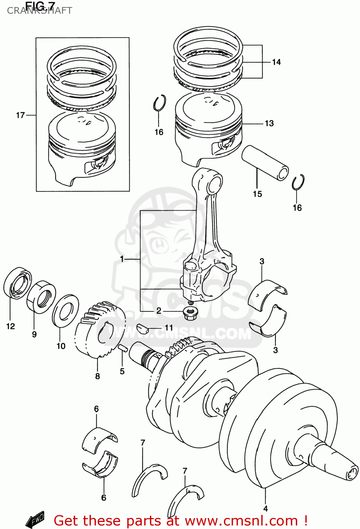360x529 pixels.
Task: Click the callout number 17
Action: tap(20, 115)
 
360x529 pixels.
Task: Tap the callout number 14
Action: tap(276, 62)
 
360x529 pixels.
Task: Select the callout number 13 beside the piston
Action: tap(269, 123)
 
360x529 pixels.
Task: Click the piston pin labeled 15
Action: tap(265, 163)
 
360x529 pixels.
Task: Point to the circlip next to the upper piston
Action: tap(159, 103)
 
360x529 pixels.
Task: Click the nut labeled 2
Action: tap(190, 312)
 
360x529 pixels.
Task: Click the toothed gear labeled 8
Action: tap(100, 330)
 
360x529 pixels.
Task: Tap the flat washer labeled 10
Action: tap(66, 311)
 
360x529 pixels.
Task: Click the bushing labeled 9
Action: tap(41, 297)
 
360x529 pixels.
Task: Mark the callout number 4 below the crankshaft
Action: tap(265, 509)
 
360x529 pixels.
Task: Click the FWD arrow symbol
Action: tap(35, 519)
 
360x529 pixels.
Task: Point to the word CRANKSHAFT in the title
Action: tap(39, 11)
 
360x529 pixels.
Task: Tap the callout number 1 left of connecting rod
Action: tap(122, 259)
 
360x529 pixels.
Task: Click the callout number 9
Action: tap(34, 334)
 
